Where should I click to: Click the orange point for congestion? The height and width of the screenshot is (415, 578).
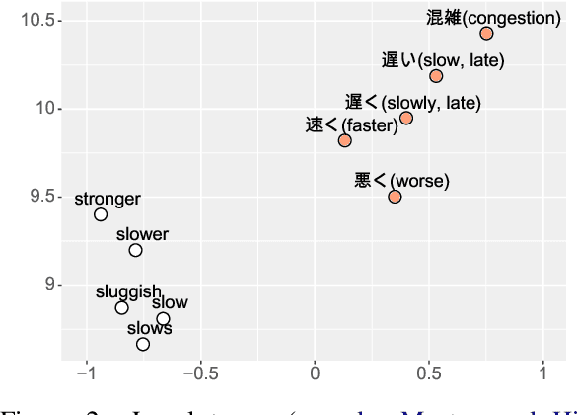click(486, 34)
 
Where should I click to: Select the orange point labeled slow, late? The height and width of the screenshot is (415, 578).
click(436, 76)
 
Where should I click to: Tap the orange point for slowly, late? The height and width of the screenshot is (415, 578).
click(406, 119)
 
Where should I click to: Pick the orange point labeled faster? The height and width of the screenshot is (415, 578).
click(344, 140)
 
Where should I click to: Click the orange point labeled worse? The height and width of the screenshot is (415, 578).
click(395, 197)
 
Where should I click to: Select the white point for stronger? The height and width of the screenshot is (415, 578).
click(101, 214)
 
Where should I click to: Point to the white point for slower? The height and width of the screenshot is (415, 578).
click(135, 250)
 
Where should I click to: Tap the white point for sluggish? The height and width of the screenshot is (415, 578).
click(121, 307)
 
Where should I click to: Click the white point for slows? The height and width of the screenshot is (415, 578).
click(143, 344)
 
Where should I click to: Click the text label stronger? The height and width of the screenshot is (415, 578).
click(108, 199)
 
